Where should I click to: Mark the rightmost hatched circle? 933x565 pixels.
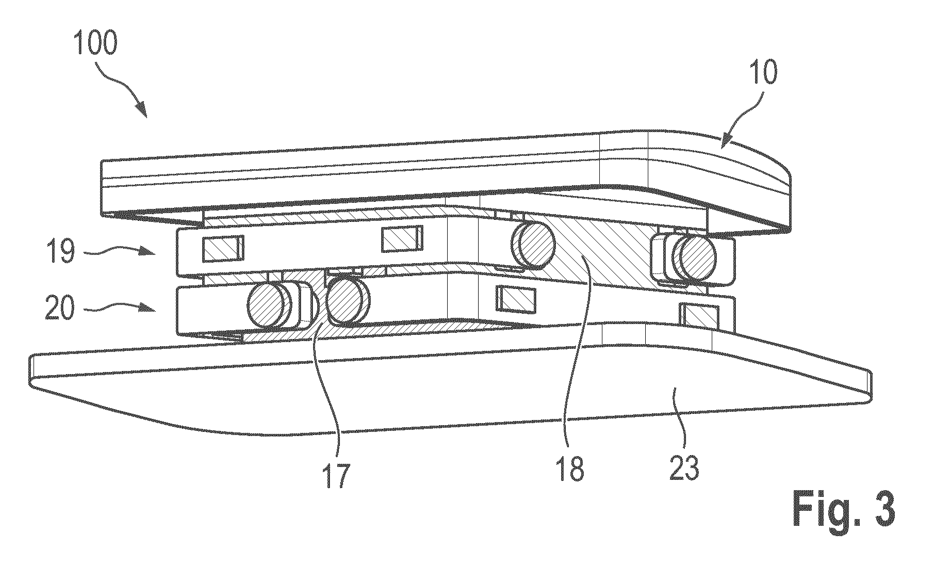point(699,254)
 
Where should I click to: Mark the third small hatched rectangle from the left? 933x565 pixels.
point(516,299)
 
